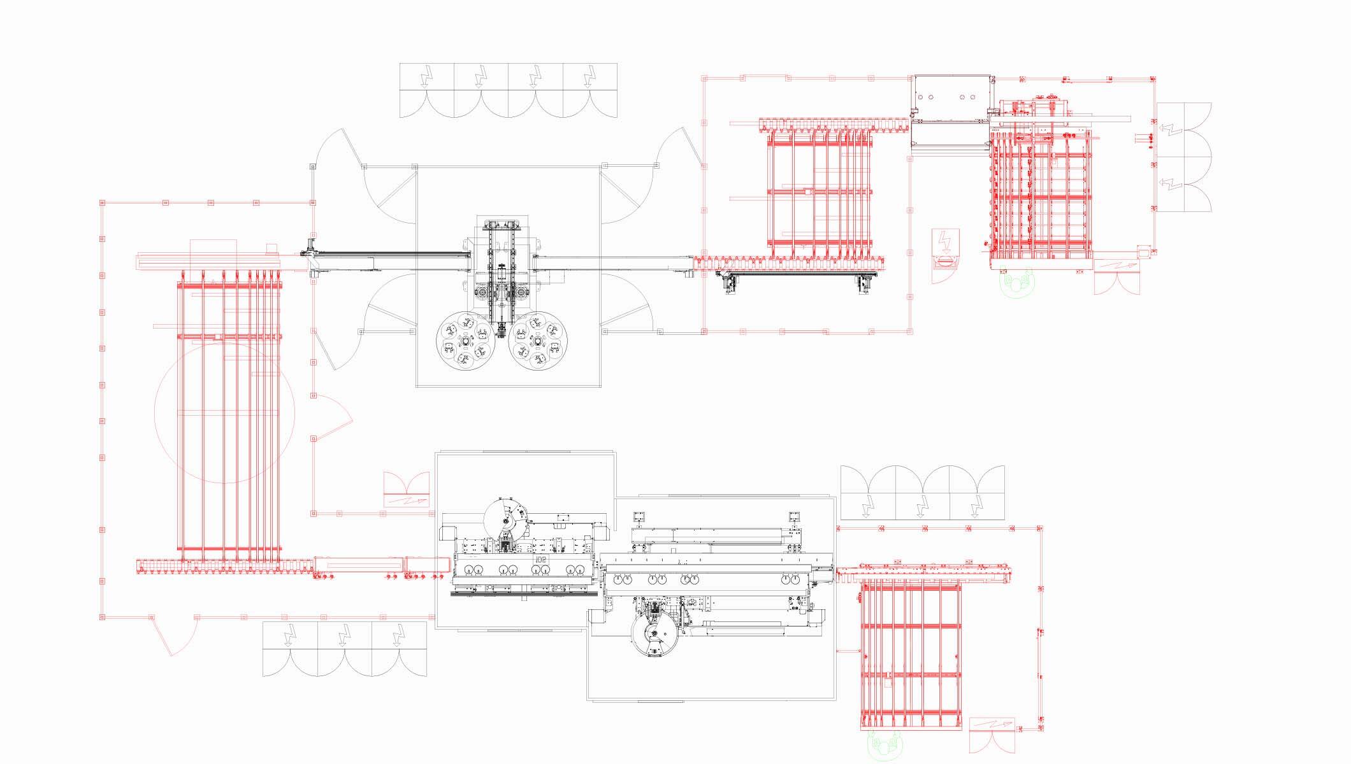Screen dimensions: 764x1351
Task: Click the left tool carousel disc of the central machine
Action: click(x=465, y=342)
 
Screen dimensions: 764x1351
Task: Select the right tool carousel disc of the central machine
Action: click(x=540, y=342)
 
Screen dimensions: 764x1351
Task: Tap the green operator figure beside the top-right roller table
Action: click(x=1016, y=281)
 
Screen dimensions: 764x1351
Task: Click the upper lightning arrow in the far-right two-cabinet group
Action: click(x=1171, y=131)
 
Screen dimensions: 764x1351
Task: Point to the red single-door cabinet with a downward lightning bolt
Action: click(x=946, y=255)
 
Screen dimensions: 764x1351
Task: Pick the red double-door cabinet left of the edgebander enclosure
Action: click(x=406, y=490)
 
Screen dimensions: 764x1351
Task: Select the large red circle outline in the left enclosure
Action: click(x=224, y=413)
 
